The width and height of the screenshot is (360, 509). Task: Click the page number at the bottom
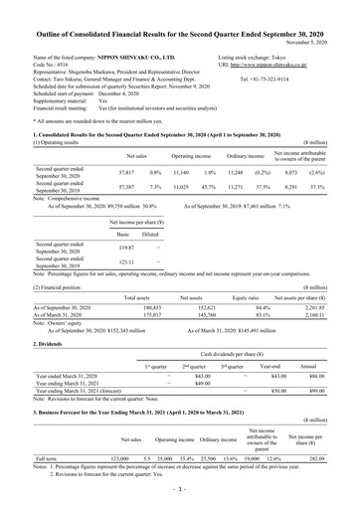(x=180, y=491)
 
